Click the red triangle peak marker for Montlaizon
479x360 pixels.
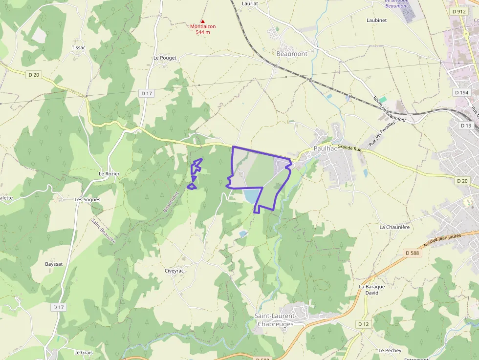(203, 21)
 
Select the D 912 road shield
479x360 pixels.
(459, 11)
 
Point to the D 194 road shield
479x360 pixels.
(461, 92)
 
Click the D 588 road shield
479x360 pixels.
(413, 253)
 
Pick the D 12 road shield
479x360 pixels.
(363, 324)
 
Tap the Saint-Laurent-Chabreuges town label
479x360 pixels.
(275, 320)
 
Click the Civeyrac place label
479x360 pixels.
(174, 271)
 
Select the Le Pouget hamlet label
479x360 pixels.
(165, 58)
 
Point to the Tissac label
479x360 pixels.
(79, 47)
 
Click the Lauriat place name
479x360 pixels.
(250, 3)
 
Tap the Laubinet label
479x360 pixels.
(376, 20)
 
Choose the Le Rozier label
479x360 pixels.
(109, 173)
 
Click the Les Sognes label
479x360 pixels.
(87, 199)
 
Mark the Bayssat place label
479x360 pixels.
(54, 264)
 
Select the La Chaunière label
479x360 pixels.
(394, 227)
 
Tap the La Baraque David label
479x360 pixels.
(372, 290)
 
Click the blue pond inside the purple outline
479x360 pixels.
(251, 196)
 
